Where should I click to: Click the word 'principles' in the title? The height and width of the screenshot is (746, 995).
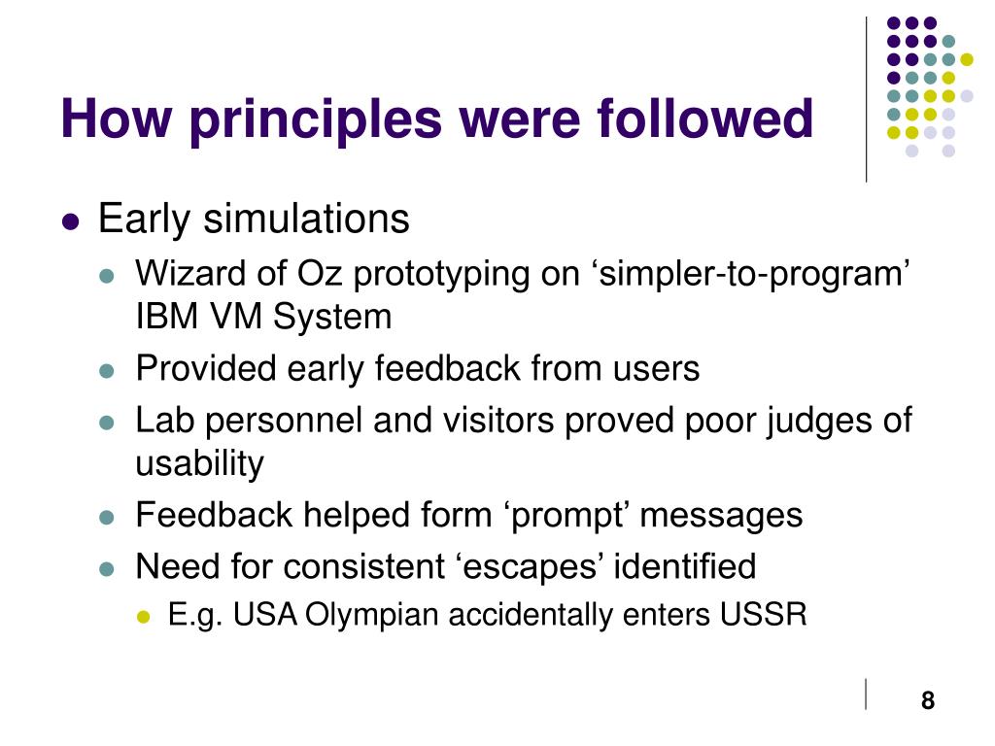tap(316, 120)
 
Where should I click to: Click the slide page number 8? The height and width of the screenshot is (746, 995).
tap(928, 700)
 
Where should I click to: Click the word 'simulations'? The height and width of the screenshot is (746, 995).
tap(306, 219)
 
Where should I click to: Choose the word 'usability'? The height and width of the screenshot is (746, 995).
tap(199, 464)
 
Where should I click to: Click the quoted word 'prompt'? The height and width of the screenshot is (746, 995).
tap(566, 516)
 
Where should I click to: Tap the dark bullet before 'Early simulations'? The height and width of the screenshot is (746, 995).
tap(70, 222)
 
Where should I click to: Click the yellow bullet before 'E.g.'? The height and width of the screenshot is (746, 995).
tap(144, 616)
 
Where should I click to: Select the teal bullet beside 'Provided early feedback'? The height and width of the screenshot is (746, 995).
tap(107, 370)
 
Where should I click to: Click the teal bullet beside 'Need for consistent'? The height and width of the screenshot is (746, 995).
tap(107, 568)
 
